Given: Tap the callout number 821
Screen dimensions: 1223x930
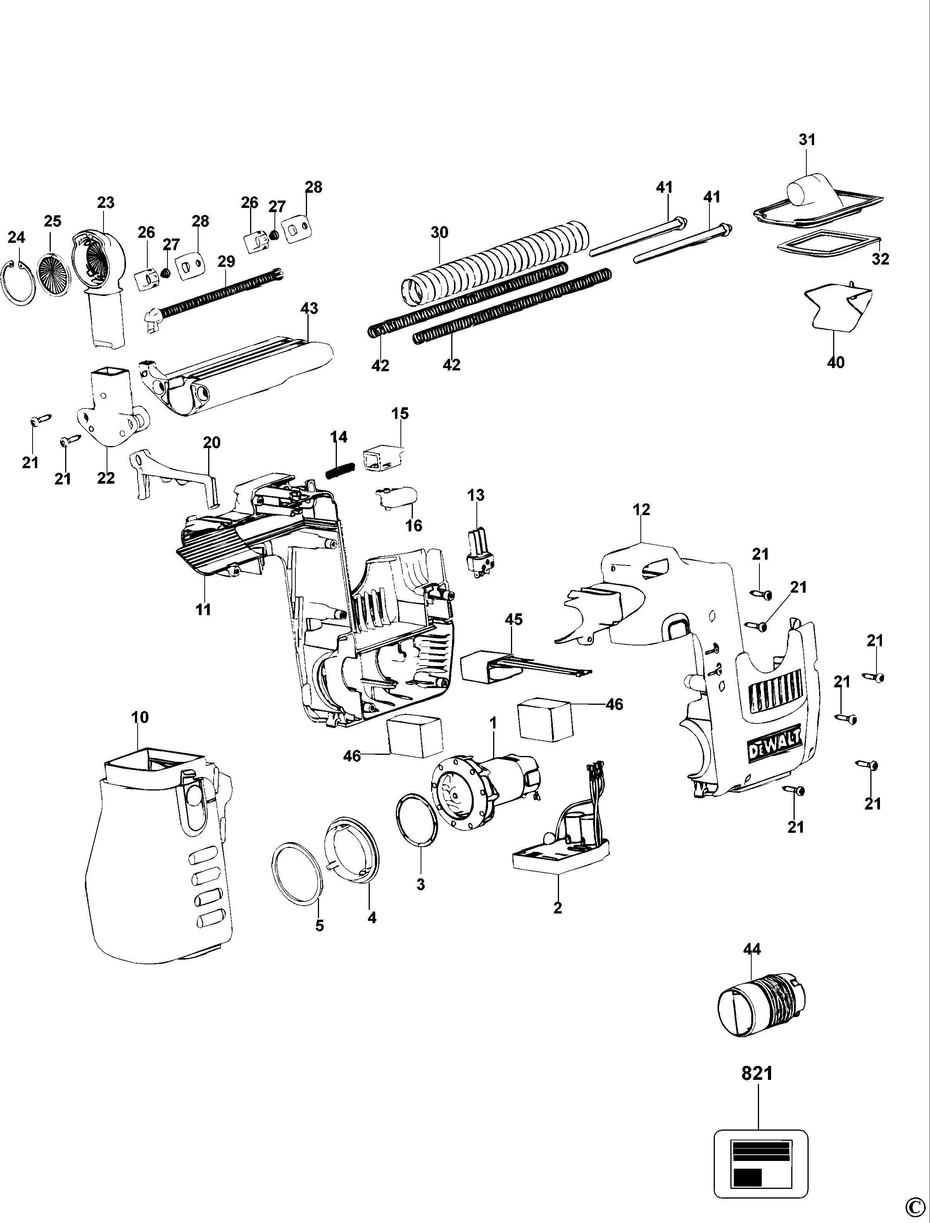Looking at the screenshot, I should tap(757, 1073).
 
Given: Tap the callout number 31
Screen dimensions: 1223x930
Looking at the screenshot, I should tap(807, 140).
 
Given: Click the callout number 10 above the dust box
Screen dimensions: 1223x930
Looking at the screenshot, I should tap(140, 717).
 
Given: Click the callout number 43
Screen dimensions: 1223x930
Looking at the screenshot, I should tap(309, 308).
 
